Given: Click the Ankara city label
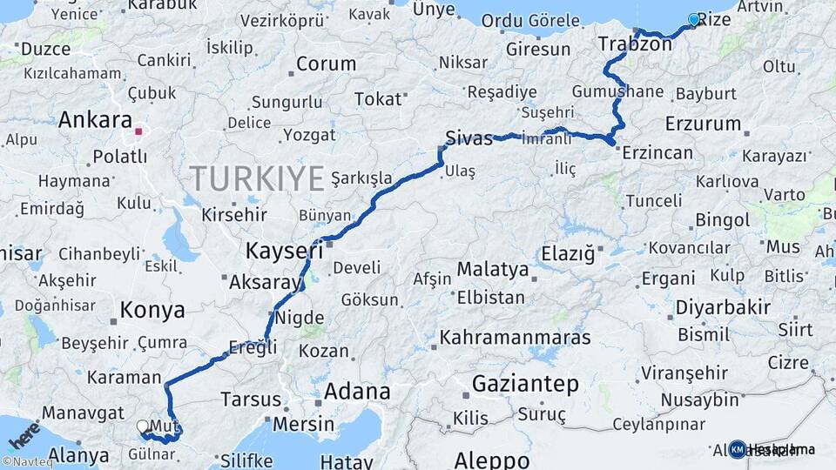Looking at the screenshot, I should (x=95, y=120).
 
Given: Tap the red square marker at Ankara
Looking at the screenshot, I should (x=138, y=132).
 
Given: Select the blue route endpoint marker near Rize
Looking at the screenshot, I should (x=694, y=19).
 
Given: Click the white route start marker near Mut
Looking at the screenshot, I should (x=143, y=426).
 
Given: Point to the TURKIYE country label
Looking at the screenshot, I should (x=257, y=178).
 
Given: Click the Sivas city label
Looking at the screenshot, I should (x=469, y=138).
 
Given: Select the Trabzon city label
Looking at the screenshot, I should (x=635, y=44).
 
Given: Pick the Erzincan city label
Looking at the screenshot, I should (x=657, y=153).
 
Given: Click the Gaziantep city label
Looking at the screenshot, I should (x=525, y=383).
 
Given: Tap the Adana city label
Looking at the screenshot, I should (x=356, y=392).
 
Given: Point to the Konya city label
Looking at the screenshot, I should (x=152, y=310).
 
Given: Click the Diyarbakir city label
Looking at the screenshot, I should (x=723, y=307).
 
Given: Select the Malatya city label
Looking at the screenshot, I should (x=493, y=270).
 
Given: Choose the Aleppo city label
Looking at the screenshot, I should (x=491, y=459).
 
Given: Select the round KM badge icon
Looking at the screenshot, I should (x=737, y=449).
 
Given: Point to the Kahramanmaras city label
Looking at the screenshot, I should (x=516, y=337).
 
